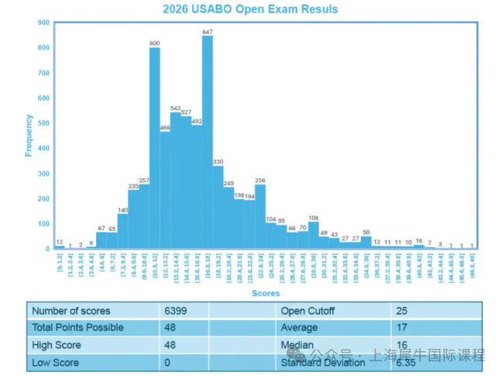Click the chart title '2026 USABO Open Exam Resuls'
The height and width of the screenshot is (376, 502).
pyautogui.click(x=250, y=9)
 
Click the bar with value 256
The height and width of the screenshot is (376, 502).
pyautogui.click(x=260, y=216)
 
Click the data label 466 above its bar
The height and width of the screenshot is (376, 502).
pyautogui.click(x=165, y=127)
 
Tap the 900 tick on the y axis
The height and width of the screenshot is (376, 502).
pyautogui.click(x=43, y=22)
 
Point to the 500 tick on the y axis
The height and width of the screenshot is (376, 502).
pyautogui.click(x=43, y=122)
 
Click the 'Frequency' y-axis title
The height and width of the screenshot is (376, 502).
pyautogui.click(x=29, y=136)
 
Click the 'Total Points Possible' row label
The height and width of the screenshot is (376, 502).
pyautogui.click(x=77, y=328)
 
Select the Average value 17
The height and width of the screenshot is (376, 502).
pyautogui.click(x=402, y=328)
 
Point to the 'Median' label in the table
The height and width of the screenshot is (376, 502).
pyautogui.click(x=296, y=345)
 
